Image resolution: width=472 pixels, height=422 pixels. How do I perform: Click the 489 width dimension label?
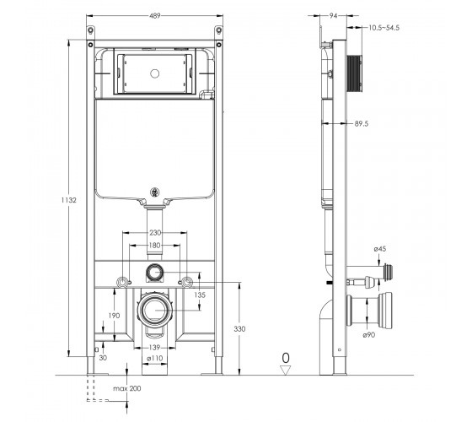point(155,16)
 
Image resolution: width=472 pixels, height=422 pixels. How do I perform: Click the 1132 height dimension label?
point(69,200)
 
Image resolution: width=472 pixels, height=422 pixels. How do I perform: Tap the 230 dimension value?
point(155,232)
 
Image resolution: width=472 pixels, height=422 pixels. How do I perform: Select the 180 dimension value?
point(155,246)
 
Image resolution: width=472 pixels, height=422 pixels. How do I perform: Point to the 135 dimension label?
point(200,295)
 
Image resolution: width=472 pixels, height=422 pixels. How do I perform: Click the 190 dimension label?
point(114,316)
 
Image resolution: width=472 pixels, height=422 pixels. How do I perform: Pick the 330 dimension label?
point(239,329)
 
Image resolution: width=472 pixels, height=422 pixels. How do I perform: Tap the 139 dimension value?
point(154,348)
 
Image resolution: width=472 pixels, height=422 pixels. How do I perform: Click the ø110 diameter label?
point(155,358)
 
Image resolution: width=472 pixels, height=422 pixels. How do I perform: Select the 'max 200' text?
point(127,388)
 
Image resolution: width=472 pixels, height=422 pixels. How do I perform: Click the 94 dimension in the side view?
point(333,16)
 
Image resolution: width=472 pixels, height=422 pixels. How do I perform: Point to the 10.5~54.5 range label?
point(384,28)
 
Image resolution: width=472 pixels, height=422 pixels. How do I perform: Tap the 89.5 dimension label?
point(362,123)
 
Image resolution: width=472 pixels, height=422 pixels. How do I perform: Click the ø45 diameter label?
point(380,249)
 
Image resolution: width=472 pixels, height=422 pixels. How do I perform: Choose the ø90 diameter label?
point(369,334)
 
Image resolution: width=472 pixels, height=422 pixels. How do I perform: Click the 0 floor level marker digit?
point(286,358)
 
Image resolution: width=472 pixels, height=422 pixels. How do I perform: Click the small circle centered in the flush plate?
point(155,73)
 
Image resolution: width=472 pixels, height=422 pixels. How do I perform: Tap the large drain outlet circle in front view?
point(155,311)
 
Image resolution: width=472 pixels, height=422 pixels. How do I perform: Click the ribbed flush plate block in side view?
point(354,73)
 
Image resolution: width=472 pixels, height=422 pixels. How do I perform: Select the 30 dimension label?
point(103,358)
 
